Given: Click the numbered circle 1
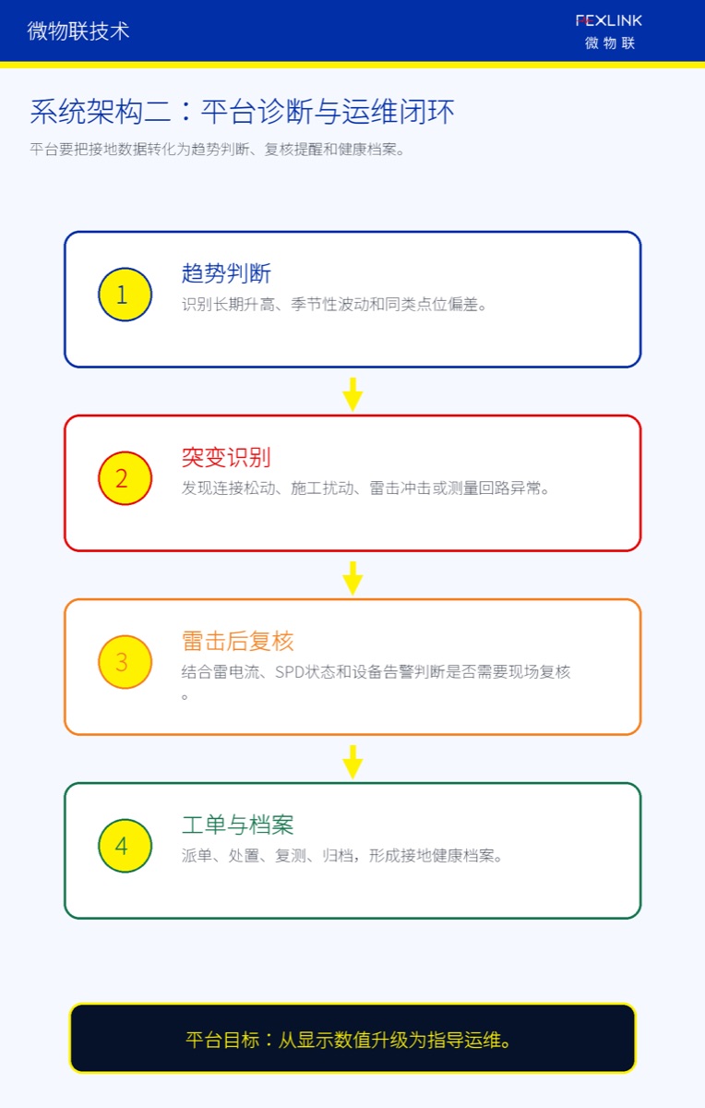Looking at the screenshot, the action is tap(125, 295).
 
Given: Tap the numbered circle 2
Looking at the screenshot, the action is tap(125, 478).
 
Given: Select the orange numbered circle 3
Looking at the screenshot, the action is tap(125, 662).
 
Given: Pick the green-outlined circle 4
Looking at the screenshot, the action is tap(125, 846).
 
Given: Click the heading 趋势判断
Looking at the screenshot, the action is tap(226, 273).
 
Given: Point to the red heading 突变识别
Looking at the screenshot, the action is tap(226, 457).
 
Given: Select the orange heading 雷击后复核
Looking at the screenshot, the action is tap(238, 641).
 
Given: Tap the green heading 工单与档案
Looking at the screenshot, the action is tap(238, 825).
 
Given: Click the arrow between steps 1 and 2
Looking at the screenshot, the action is tap(352, 394).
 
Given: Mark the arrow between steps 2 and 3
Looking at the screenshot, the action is tap(352, 578).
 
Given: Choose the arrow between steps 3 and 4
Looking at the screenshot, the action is tap(352, 762).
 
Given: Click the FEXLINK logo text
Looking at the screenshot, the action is tap(609, 20).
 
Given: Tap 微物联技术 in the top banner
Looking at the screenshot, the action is tap(78, 31).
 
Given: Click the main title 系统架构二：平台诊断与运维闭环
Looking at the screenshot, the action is tap(242, 112).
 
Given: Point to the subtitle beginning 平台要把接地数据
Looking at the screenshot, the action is tap(217, 150).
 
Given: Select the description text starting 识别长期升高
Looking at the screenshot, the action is tap(334, 304).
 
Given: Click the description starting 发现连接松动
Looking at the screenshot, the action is tap(365, 488).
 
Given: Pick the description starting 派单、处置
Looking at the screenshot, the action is tap(342, 856).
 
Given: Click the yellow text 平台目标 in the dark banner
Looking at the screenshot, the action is tap(222, 1040).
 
